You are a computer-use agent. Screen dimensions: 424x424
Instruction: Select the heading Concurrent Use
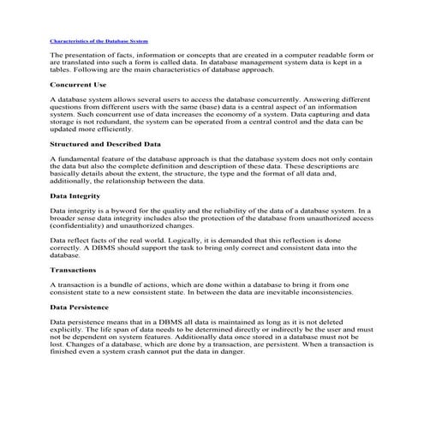point(78,86)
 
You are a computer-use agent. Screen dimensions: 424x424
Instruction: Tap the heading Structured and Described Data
point(105,145)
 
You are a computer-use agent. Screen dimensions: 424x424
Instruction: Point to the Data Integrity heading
point(75,196)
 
